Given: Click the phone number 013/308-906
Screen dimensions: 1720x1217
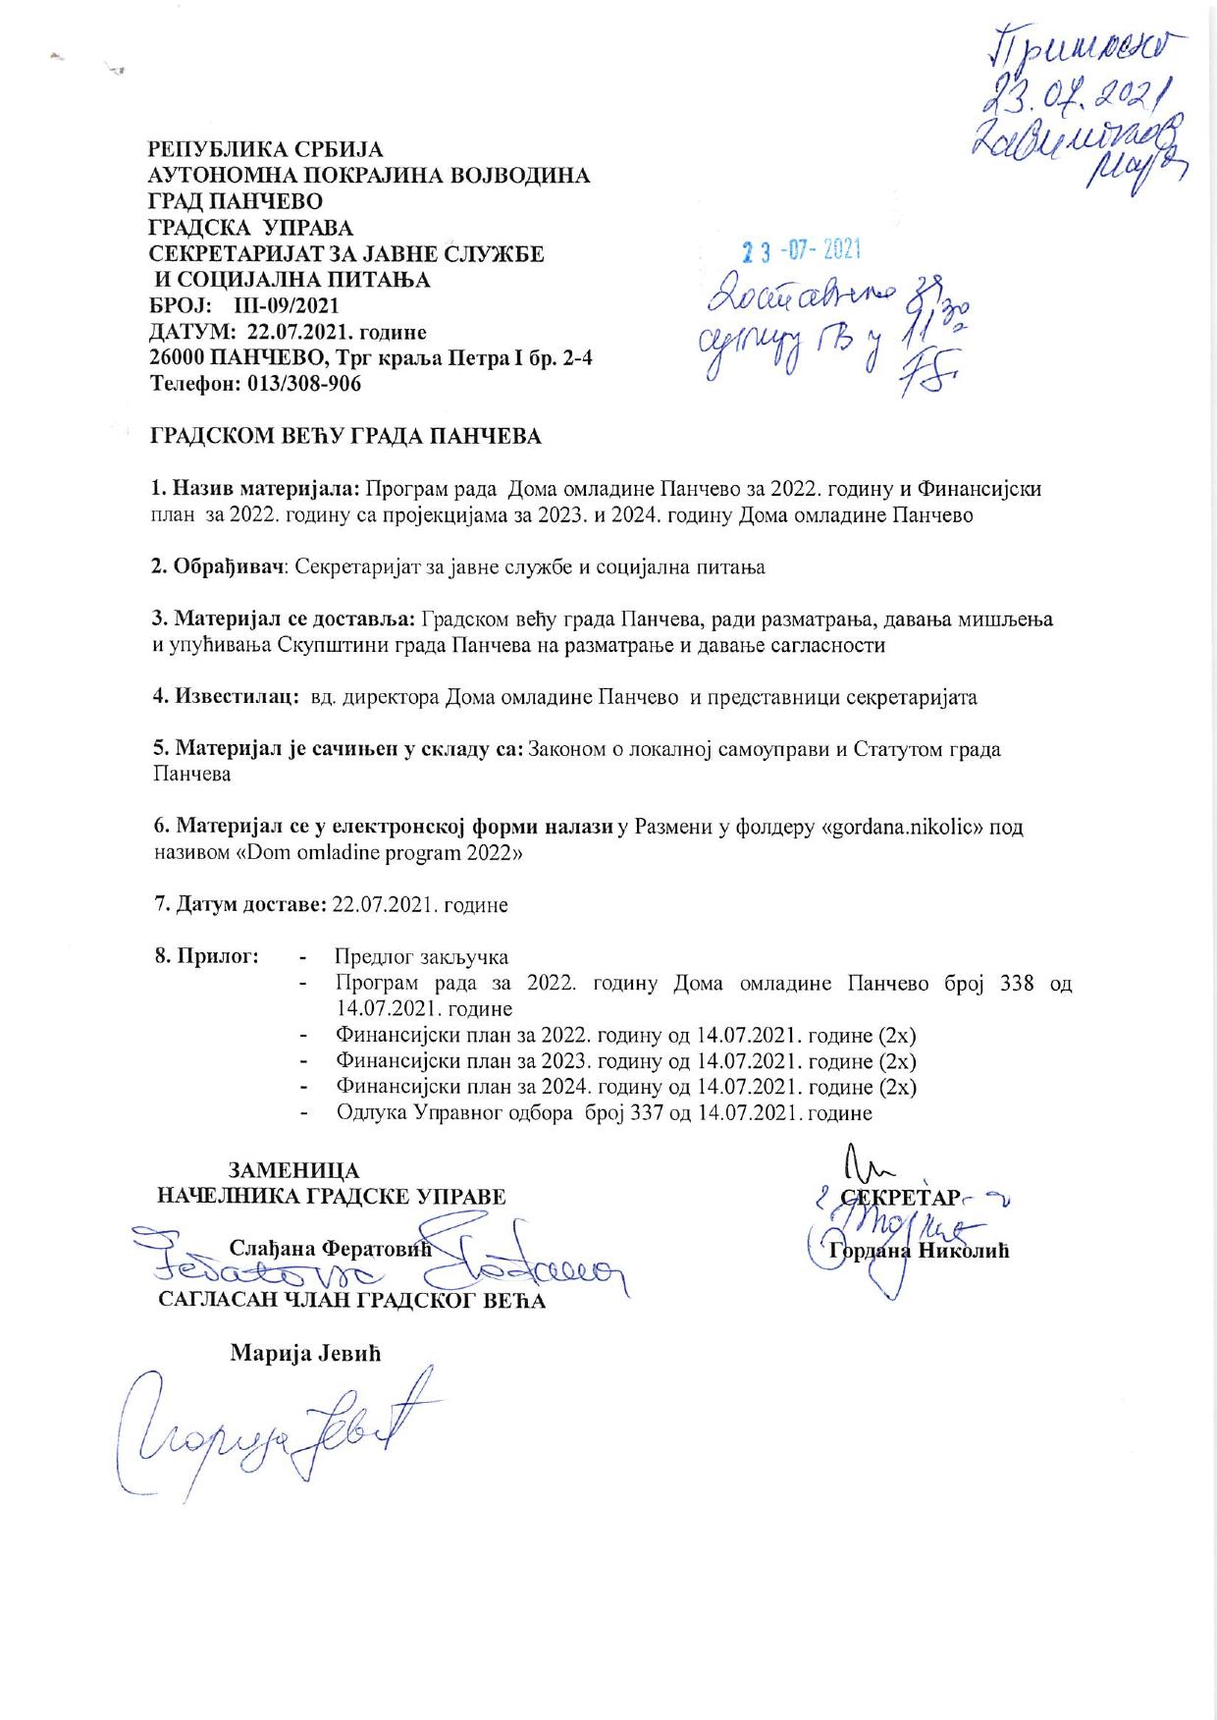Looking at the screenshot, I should tap(305, 384).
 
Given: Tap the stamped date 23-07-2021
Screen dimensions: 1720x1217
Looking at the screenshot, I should tap(801, 251).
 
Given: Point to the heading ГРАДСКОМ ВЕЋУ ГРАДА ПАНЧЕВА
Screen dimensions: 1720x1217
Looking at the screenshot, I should tap(344, 436).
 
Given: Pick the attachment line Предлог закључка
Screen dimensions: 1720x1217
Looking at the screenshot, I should tap(421, 957).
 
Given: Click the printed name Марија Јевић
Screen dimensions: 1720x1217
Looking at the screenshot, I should tap(304, 1353).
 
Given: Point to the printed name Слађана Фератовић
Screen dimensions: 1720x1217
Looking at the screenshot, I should tap(330, 1249).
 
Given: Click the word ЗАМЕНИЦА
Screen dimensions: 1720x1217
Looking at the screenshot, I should tap(293, 1171).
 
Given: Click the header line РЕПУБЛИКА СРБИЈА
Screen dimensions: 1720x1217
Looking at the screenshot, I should tap(265, 150).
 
